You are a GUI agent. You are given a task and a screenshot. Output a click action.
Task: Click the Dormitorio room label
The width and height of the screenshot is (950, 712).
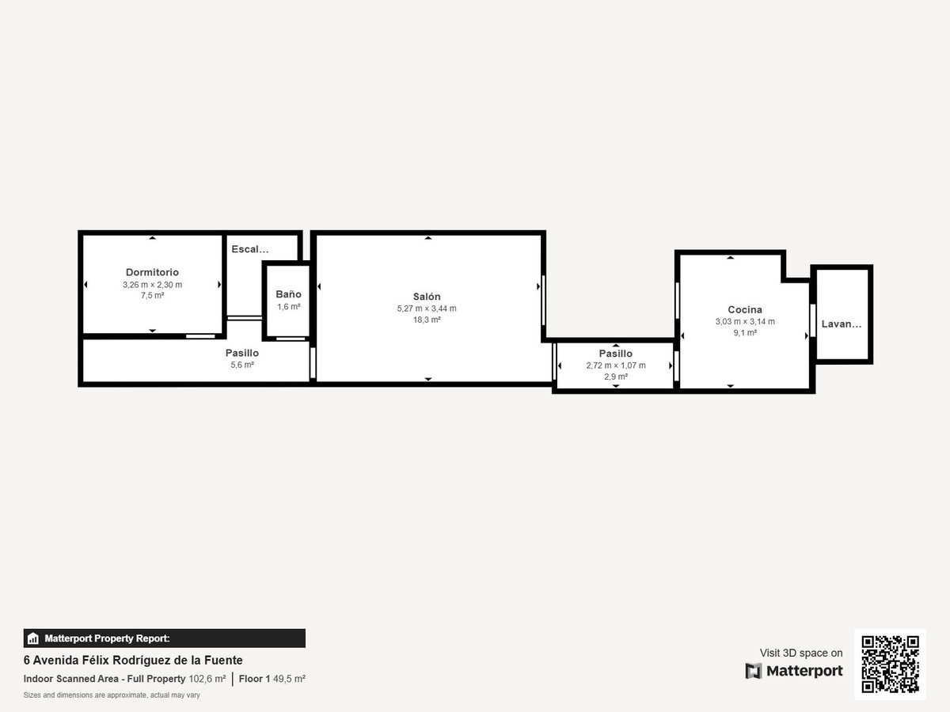tap(152, 272)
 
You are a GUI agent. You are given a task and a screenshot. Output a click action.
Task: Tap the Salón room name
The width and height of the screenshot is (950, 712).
tap(427, 297)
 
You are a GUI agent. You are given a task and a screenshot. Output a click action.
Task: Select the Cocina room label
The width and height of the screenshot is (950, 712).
tap(745, 309)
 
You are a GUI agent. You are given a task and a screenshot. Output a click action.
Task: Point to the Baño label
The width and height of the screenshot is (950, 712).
tap(288, 294)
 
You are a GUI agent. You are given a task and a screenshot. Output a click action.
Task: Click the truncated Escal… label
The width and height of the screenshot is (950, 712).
tap(250, 249)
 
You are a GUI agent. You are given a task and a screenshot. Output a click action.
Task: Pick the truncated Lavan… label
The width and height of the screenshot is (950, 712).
tap(842, 324)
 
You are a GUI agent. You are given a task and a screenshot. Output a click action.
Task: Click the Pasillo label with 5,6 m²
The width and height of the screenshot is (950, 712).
tap(242, 353)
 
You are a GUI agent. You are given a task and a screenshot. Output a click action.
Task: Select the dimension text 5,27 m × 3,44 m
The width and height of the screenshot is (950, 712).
tap(427, 309)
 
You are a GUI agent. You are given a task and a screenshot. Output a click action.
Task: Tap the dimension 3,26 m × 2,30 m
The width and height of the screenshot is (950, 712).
tap(152, 285)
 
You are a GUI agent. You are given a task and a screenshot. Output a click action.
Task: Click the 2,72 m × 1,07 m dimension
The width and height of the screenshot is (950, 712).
tap(616, 365)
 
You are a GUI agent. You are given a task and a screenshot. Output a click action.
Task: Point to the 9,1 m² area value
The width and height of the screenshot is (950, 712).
tap(745, 332)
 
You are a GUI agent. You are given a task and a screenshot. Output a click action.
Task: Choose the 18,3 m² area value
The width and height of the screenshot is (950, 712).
tap(427, 320)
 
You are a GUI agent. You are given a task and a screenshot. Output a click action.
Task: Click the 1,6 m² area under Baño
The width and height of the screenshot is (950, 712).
tap(289, 306)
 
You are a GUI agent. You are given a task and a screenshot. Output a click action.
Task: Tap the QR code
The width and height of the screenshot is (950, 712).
tap(891, 664)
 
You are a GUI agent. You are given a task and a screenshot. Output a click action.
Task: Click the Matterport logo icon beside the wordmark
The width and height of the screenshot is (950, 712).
tap(754, 671)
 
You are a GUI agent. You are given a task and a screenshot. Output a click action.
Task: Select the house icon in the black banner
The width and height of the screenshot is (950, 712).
tap(33, 638)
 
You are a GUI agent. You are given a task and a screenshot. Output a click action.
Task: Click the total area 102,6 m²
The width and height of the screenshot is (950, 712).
tap(207, 679)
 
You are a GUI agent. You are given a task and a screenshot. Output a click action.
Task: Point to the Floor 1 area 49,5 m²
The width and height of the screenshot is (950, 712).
tap(289, 679)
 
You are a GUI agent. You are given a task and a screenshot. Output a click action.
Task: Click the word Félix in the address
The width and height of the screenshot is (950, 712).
tap(96, 660)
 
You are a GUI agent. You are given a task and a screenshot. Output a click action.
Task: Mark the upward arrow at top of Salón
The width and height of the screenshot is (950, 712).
tap(428, 238)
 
